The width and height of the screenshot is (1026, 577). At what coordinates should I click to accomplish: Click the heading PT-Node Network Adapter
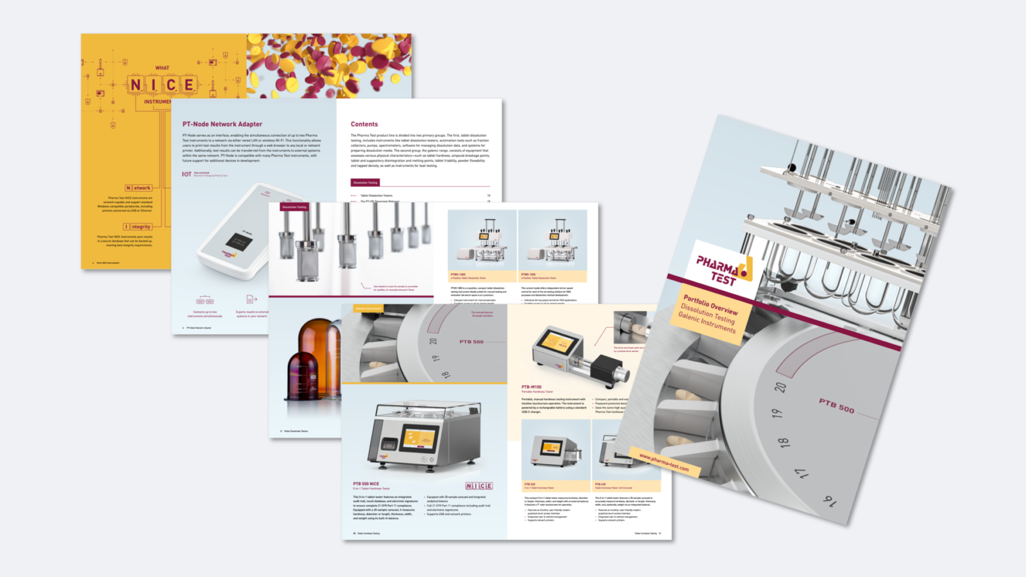click(222, 124)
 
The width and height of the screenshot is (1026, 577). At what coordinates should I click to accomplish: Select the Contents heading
click(364, 124)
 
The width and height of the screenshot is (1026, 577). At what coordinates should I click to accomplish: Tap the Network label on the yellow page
click(139, 188)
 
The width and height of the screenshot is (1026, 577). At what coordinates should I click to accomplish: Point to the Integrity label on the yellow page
click(138, 227)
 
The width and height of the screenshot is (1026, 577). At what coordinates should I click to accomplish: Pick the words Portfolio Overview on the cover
click(710, 305)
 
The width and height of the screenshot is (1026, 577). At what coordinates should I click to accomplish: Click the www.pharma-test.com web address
click(664, 462)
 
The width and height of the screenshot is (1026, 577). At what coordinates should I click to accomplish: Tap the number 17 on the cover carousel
click(802, 474)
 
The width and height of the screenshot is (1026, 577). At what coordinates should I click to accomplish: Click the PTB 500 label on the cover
click(836, 405)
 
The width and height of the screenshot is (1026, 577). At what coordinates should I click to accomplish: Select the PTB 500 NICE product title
click(366, 484)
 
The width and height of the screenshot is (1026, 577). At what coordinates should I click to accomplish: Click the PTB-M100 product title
click(531, 387)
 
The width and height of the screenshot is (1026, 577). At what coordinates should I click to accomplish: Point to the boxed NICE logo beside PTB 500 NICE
click(478, 486)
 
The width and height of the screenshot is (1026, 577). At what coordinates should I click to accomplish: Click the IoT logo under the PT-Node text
click(187, 174)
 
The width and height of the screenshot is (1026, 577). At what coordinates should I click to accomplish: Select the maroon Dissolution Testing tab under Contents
click(365, 183)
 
